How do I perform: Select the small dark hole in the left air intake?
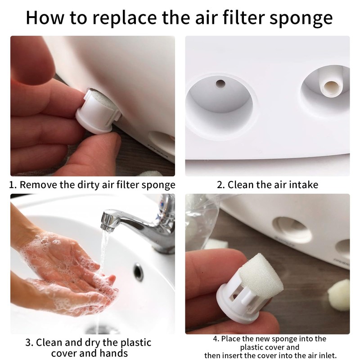tap(220, 83)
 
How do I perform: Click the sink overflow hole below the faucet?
tap(139, 272)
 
